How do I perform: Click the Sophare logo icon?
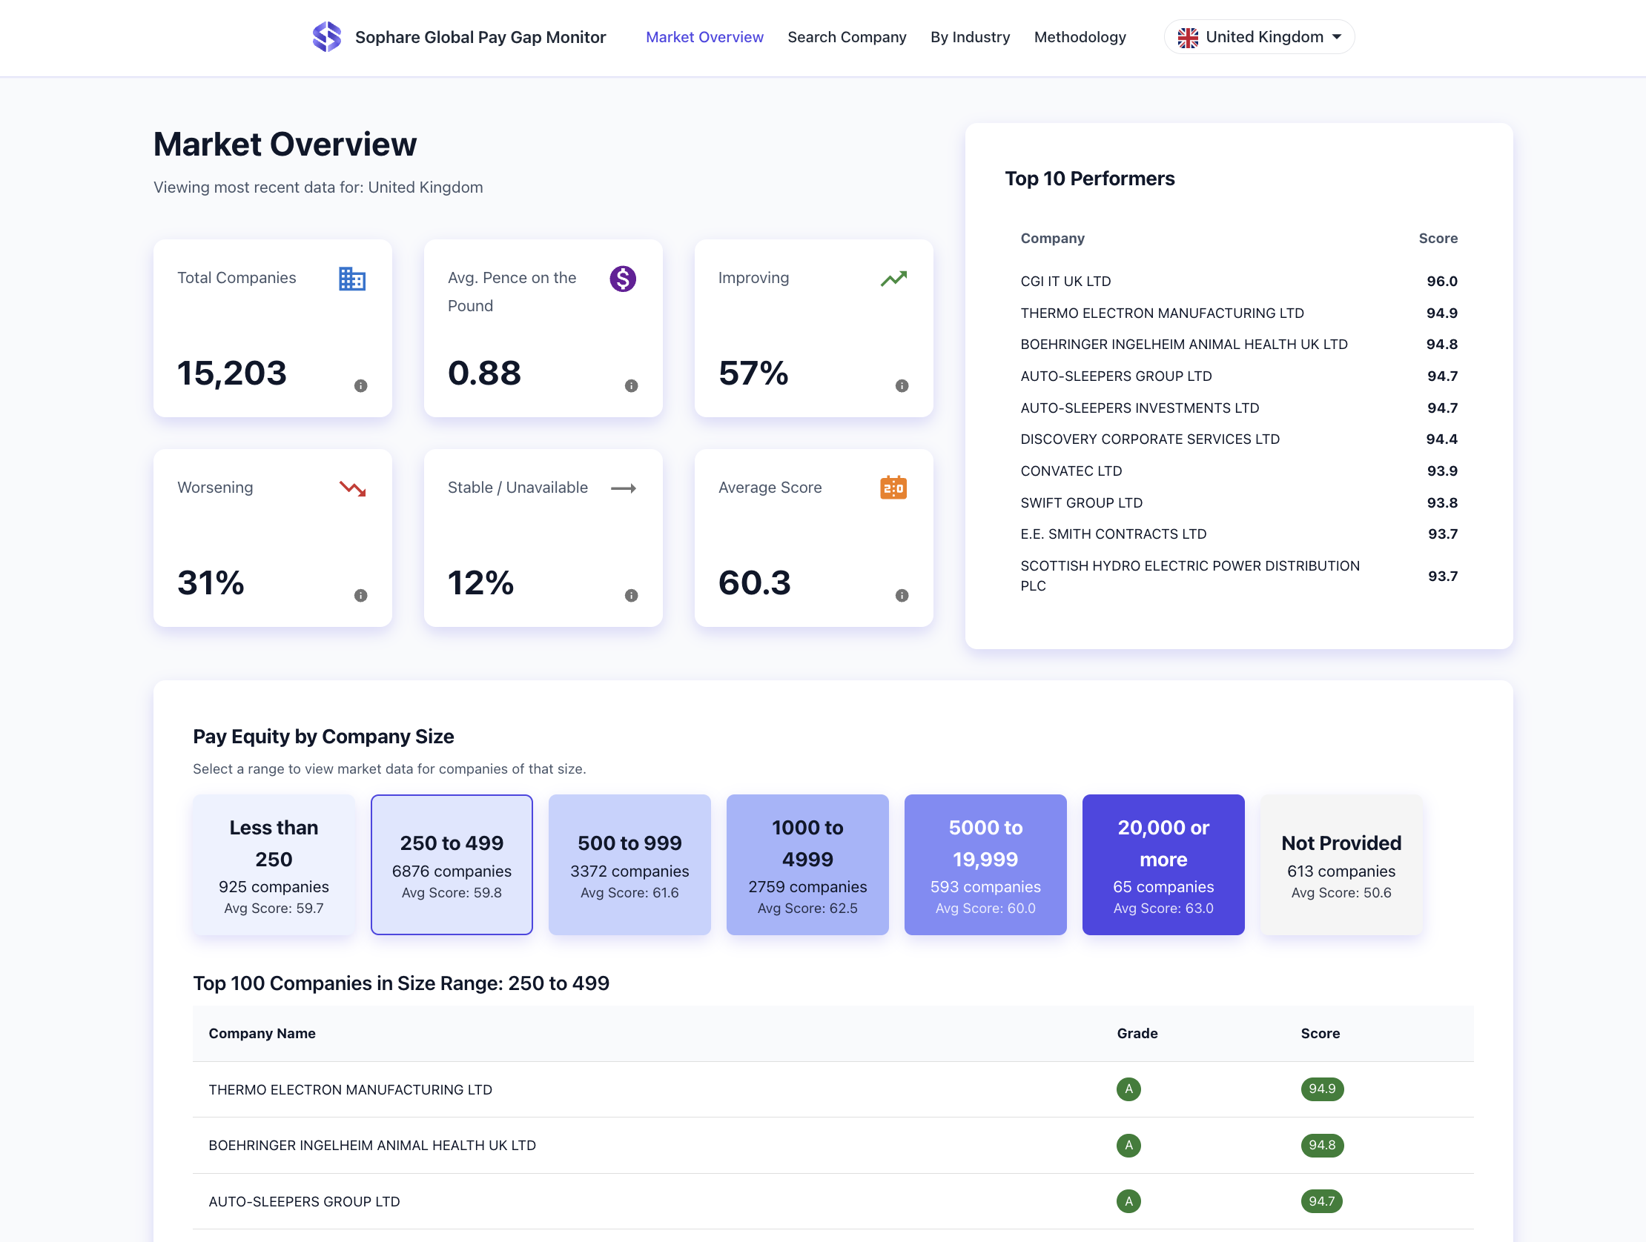point(326,36)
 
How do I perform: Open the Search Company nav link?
point(846,37)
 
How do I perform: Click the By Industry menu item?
point(970,37)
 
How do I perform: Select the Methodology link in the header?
point(1079,37)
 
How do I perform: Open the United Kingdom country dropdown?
point(1258,37)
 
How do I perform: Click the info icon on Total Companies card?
point(361,386)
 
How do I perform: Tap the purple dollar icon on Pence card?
point(622,279)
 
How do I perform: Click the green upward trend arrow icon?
point(893,279)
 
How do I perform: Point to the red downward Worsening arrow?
point(352,488)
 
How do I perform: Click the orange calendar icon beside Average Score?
point(893,488)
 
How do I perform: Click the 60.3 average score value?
point(754,582)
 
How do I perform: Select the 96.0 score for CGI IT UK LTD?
point(1441,281)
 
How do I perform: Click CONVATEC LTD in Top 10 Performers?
point(1071,471)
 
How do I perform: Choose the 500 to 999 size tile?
point(629,864)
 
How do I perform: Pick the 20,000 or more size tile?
point(1163,864)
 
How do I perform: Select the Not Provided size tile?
point(1341,864)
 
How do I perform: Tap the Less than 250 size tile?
point(274,864)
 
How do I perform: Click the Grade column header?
point(1137,1033)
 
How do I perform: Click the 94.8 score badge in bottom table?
point(1321,1146)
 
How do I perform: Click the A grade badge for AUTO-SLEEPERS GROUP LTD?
point(1128,1201)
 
